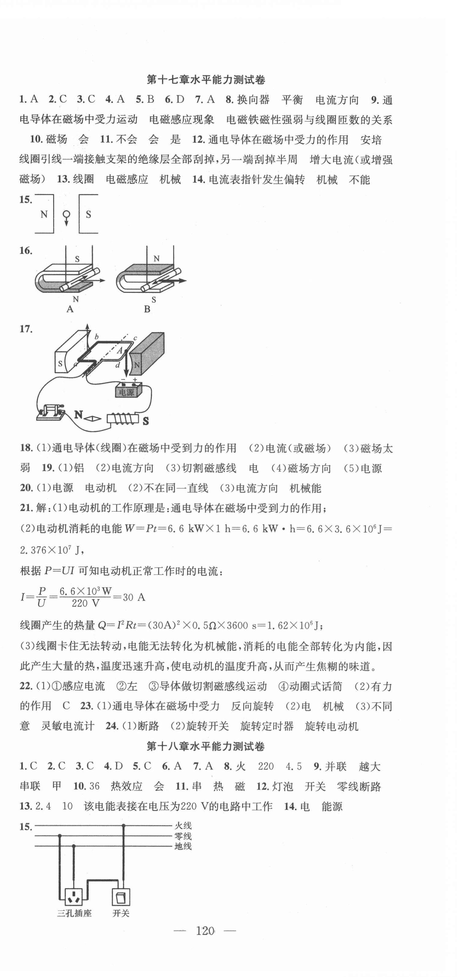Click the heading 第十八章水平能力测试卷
pyautogui.click(x=205, y=746)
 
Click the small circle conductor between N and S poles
pyautogui.click(x=66, y=214)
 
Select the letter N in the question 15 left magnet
pyautogui.click(x=44, y=215)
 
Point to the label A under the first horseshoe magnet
pyautogui.click(x=70, y=309)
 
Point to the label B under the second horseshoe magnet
pyautogui.click(x=147, y=309)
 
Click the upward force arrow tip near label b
pyautogui.click(x=87, y=326)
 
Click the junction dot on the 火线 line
pyautogui.click(x=123, y=825)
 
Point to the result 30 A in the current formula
pyautogui.click(x=134, y=597)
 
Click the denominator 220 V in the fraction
pyautogui.click(x=85, y=603)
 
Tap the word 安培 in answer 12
pyautogui.click(x=371, y=140)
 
